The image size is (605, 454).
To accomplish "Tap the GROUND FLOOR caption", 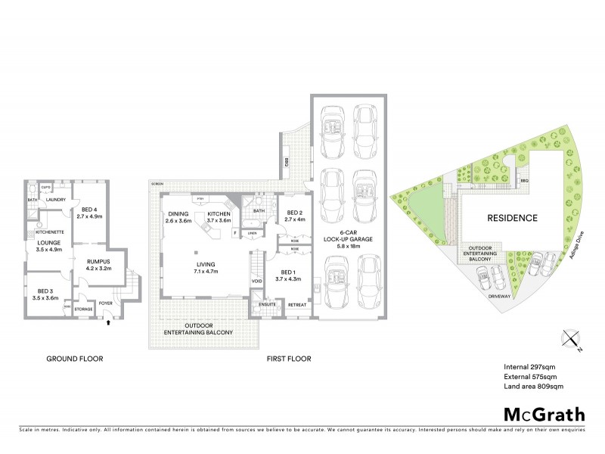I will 75,359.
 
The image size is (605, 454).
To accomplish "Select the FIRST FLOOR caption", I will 289,359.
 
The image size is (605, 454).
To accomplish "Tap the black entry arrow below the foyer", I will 110,322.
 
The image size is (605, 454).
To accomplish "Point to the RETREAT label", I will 296,304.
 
